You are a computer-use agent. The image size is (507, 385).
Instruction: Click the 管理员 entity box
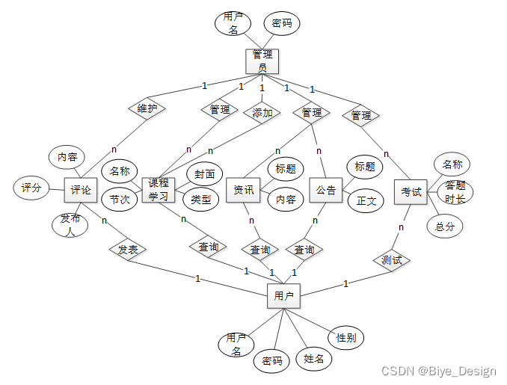click(x=262, y=61)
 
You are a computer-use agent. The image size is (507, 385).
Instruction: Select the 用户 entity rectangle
click(x=283, y=296)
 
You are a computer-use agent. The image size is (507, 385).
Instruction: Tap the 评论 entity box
click(x=80, y=190)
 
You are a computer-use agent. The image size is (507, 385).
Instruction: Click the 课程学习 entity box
click(x=158, y=190)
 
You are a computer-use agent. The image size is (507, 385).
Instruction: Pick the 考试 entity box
click(x=411, y=191)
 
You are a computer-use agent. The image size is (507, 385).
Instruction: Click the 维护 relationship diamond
click(x=147, y=108)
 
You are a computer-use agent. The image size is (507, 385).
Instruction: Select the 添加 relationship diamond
click(x=262, y=114)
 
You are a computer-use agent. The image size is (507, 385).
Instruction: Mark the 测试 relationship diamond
click(x=391, y=260)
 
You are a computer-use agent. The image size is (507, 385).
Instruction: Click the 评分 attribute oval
click(x=31, y=188)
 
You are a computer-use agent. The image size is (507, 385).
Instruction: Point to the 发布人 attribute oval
click(x=70, y=223)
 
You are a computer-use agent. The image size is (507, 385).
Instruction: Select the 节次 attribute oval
click(x=119, y=200)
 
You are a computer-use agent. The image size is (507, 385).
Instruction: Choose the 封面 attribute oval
click(x=204, y=173)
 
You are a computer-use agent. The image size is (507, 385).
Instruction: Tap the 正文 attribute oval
click(x=366, y=200)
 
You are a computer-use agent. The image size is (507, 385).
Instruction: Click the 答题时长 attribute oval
click(x=455, y=192)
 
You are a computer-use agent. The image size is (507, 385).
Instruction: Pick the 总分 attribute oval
click(x=444, y=226)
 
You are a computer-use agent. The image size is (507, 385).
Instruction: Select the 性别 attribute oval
click(x=345, y=338)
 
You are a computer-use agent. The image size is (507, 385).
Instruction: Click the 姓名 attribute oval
click(x=313, y=359)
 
